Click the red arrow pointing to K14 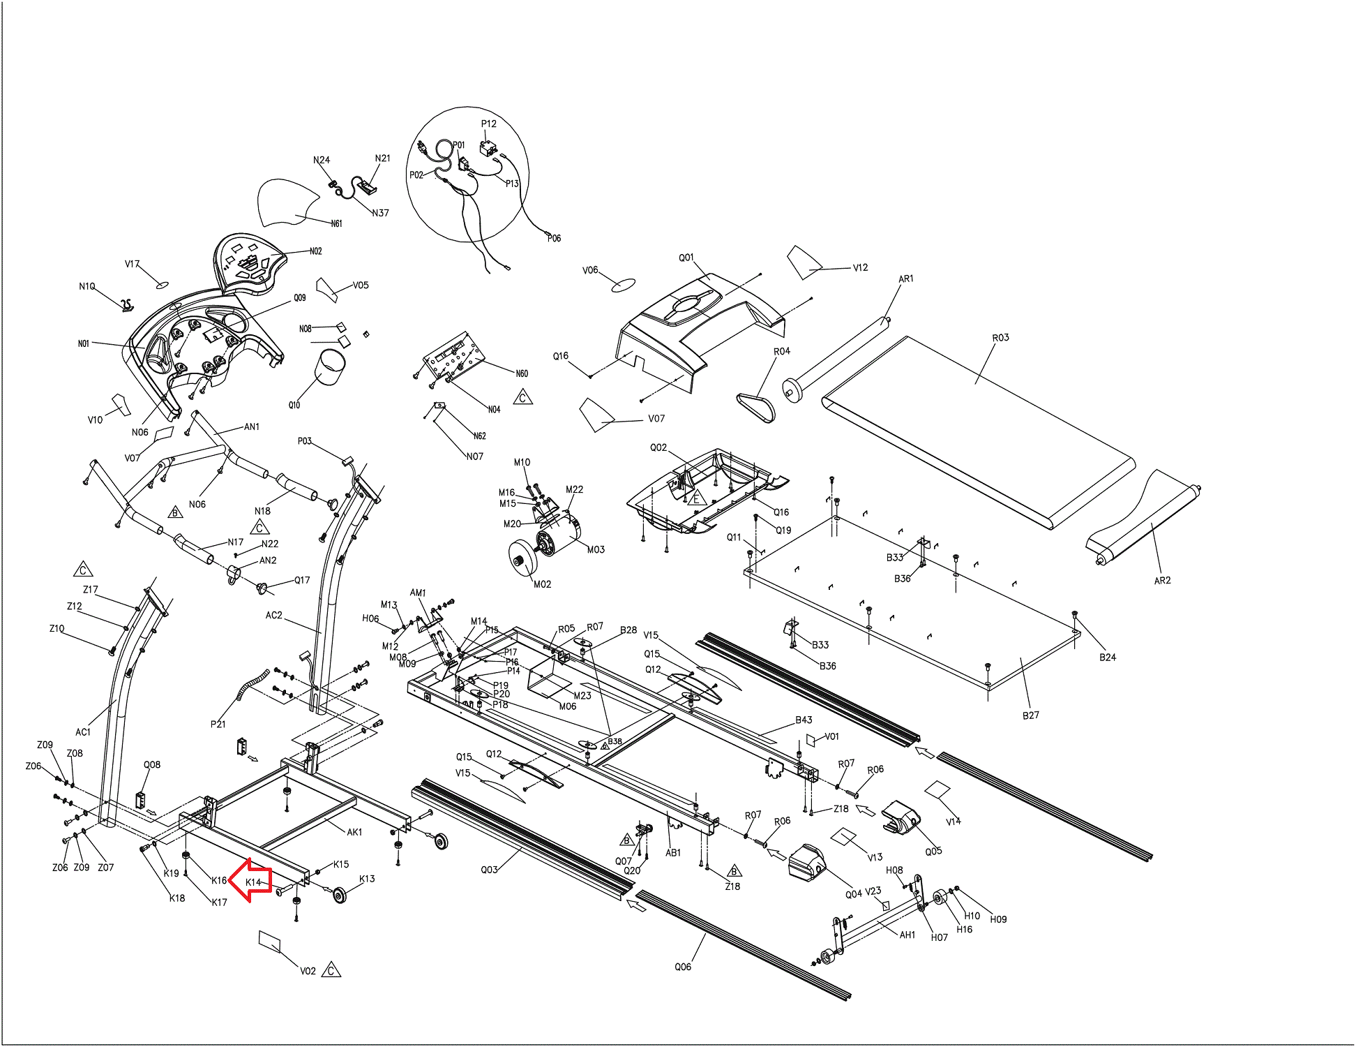point(249,882)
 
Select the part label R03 point(1000,338)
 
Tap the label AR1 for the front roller point(905,279)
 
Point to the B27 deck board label point(1030,715)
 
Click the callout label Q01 point(686,258)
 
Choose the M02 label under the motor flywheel point(542,584)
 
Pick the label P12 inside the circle point(488,124)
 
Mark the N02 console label point(315,251)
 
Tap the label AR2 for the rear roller point(1162,581)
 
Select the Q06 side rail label point(683,967)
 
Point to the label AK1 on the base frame point(354,832)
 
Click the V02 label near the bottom point(308,971)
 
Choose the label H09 point(998,919)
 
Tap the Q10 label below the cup point(294,405)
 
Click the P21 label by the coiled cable point(218,725)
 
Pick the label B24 point(1107,658)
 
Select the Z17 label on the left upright point(91,590)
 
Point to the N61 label point(336,224)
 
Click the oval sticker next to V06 point(623,285)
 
